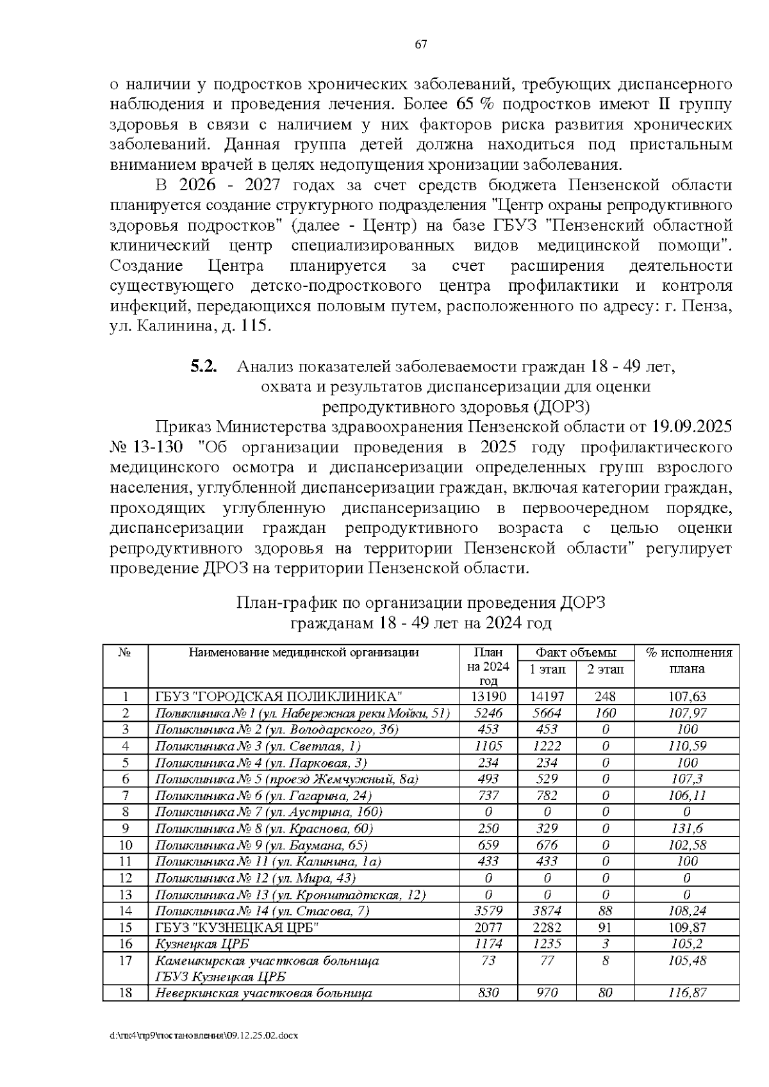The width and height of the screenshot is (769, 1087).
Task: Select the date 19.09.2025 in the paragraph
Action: (x=692, y=427)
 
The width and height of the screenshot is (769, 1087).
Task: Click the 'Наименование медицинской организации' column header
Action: (x=303, y=653)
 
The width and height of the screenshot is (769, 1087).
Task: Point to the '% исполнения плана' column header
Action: (x=688, y=660)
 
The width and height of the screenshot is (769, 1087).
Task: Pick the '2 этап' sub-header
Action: (x=605, y=669)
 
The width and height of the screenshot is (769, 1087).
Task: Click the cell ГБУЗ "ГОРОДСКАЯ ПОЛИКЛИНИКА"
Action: (x=279, y=696)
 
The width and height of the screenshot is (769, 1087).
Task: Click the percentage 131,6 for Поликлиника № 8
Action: (x=687, y=829)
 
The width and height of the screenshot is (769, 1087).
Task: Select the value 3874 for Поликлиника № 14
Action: (x=547, y=911)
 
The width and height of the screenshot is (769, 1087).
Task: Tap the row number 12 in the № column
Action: (x=126, y=878)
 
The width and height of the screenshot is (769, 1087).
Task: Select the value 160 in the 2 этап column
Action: (x=605, y=713)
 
